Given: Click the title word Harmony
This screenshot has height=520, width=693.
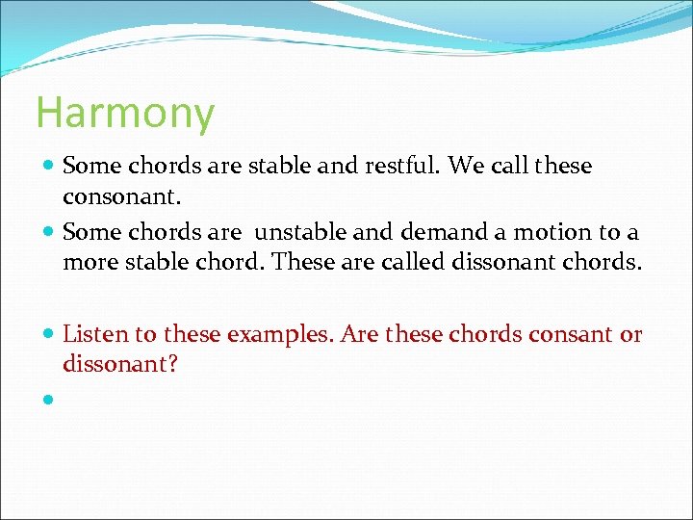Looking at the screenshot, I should [x=125, y=114].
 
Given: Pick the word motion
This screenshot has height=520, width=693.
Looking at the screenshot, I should [x=560, y=233].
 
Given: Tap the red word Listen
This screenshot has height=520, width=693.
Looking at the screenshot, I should [x=94, y=334].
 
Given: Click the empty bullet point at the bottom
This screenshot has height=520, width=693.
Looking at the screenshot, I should [x=47, y=399].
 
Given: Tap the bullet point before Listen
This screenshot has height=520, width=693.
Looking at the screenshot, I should [x=47, y=335].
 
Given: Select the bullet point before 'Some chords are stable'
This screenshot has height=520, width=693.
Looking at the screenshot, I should [x=47, y=167].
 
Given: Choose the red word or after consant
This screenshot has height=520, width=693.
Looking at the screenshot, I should [x=631, y=334].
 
